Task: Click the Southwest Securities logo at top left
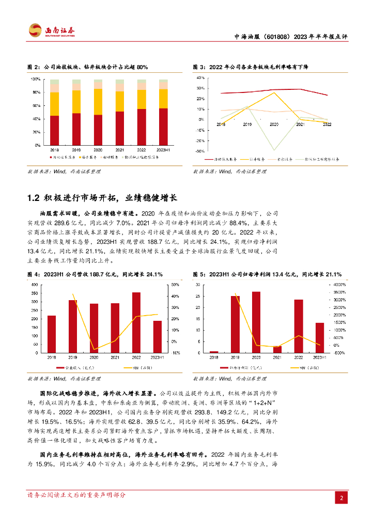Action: click(51, 30)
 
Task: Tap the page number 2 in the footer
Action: click(341, 498)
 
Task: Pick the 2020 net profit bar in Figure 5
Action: click(256, 322)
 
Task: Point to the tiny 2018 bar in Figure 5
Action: click(214, 351)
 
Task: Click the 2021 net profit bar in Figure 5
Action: click(277, 349)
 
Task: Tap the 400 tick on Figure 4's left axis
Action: click(34, 285)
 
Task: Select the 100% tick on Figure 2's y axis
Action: click(36, 79)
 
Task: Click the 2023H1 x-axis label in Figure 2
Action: click(163, 149)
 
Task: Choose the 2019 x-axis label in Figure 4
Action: click(73, 357)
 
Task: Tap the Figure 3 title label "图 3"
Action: click(198, 67)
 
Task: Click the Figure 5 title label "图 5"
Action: click(198, 274)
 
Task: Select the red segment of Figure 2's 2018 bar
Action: click(54, 130)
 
